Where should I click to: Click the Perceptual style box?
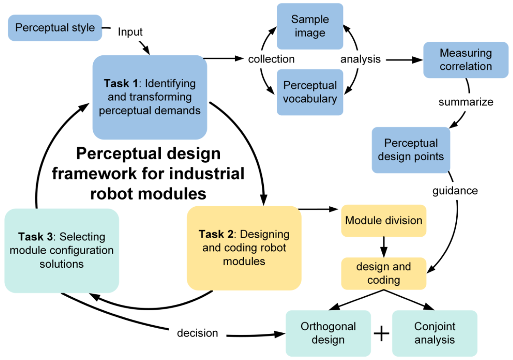click(x=55, y=28)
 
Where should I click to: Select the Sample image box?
click(x=310, y=26)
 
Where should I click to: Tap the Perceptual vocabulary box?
click(x=310, y=92)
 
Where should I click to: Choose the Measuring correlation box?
click(x=466, y=60)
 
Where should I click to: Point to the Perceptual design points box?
click(x=410, y=150)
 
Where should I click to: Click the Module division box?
click(x=384, y=220)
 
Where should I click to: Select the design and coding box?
click(x=384, y=273)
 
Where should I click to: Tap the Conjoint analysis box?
click(x=434, y=333)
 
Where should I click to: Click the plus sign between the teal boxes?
click(x=382, y=333)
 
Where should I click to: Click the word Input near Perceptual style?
click(x=130, y=32)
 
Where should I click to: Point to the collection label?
click(x=271, y=59)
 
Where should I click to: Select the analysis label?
click(x=360, y=60)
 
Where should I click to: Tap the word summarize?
click(x=466, y=102)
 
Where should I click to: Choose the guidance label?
click(x=455, y=190)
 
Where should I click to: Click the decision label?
click(x=197, y=333)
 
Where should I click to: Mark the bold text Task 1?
click(x=121, y=84)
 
